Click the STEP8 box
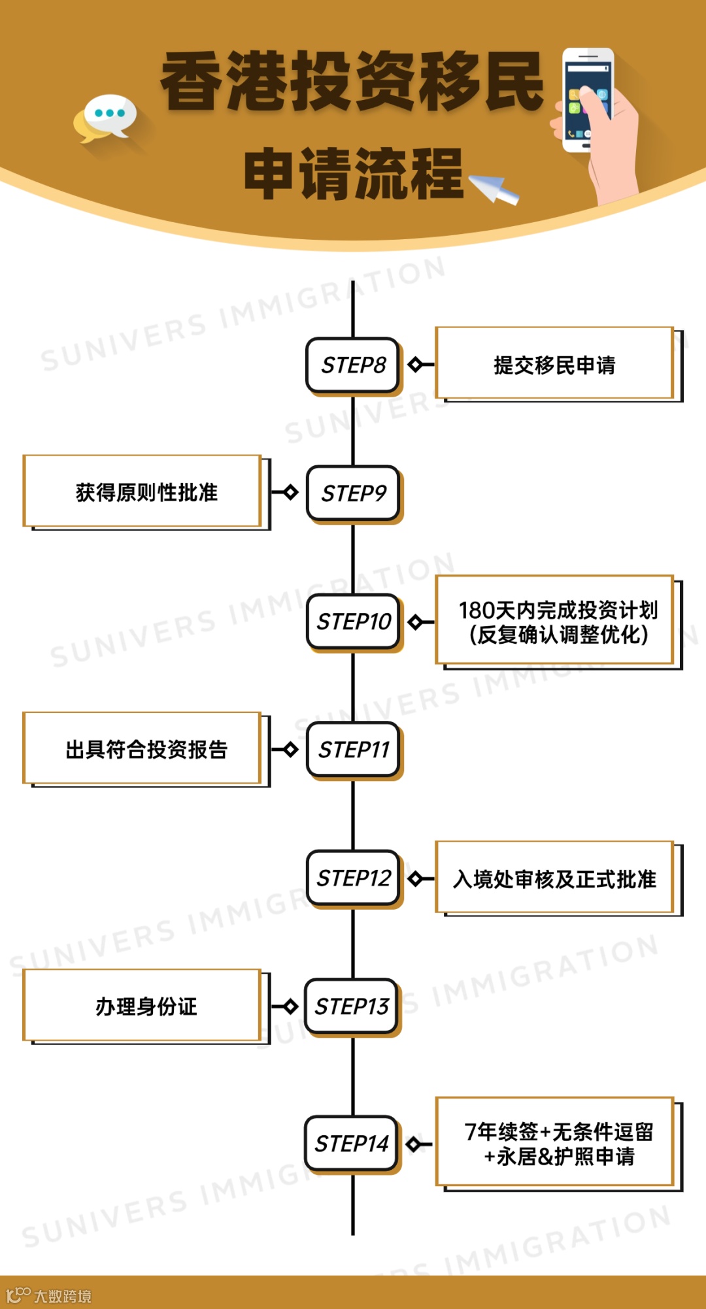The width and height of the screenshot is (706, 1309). (x=353, y=365)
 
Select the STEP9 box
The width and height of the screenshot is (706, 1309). (x=353, y=493)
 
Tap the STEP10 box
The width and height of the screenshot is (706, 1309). (x=353, y=621)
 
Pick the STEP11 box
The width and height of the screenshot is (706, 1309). (x=353, y=749)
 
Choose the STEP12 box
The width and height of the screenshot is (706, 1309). (x=353, y=878)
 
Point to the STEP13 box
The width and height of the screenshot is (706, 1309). (x=352, y=1006)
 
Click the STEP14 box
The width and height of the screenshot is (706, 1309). (x=352, y=1143)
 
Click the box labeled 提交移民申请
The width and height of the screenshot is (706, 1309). (x=554, y=364)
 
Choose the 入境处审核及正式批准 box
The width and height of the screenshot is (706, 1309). (x=554, y=878)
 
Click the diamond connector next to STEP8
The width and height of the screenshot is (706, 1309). (x=415, y=364)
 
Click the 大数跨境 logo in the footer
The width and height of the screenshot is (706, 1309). (x=49, y=1295)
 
